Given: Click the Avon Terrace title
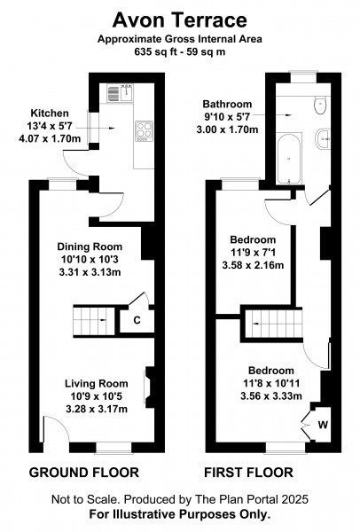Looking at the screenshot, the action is pyautogui.click(x=179, y=20).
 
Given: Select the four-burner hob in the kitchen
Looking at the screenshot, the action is pyautogui.click(x=144, y=131).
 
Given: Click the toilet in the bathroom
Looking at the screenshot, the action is pyautogui.click(x=320, y=105).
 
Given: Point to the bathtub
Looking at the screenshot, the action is pyautogui.click(x=289, y=159).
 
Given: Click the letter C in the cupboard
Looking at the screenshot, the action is pyautogui.click(x=137, y=320).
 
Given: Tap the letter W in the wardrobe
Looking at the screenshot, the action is pyautogui.click(x=323, y=425).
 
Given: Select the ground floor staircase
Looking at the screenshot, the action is pyautogui.click(x=94, y=321).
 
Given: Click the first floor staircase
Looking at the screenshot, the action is pyautogui.click(x=274, y=324).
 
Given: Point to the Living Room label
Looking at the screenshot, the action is pyautogui.click(x=97, y=384).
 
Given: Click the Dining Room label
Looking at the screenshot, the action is pyautogui.click(x=90, y=246).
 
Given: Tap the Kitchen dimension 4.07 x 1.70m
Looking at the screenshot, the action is pyautogui.click(x=50, y=139).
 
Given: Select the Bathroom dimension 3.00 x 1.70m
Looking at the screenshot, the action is pyautogui.click(x=227, y=129).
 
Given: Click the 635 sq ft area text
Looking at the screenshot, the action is pyautogui.click(x=160, y=52).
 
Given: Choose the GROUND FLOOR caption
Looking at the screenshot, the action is pyautogui.click(x=84, y=473).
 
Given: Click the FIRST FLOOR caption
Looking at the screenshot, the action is pyautogui.click(x=248, y=473).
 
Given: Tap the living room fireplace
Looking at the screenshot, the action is pyautogui.click(x=149, y=387).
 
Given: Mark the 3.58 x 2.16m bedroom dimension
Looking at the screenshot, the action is pyautogui.click(x=253, y=265).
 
